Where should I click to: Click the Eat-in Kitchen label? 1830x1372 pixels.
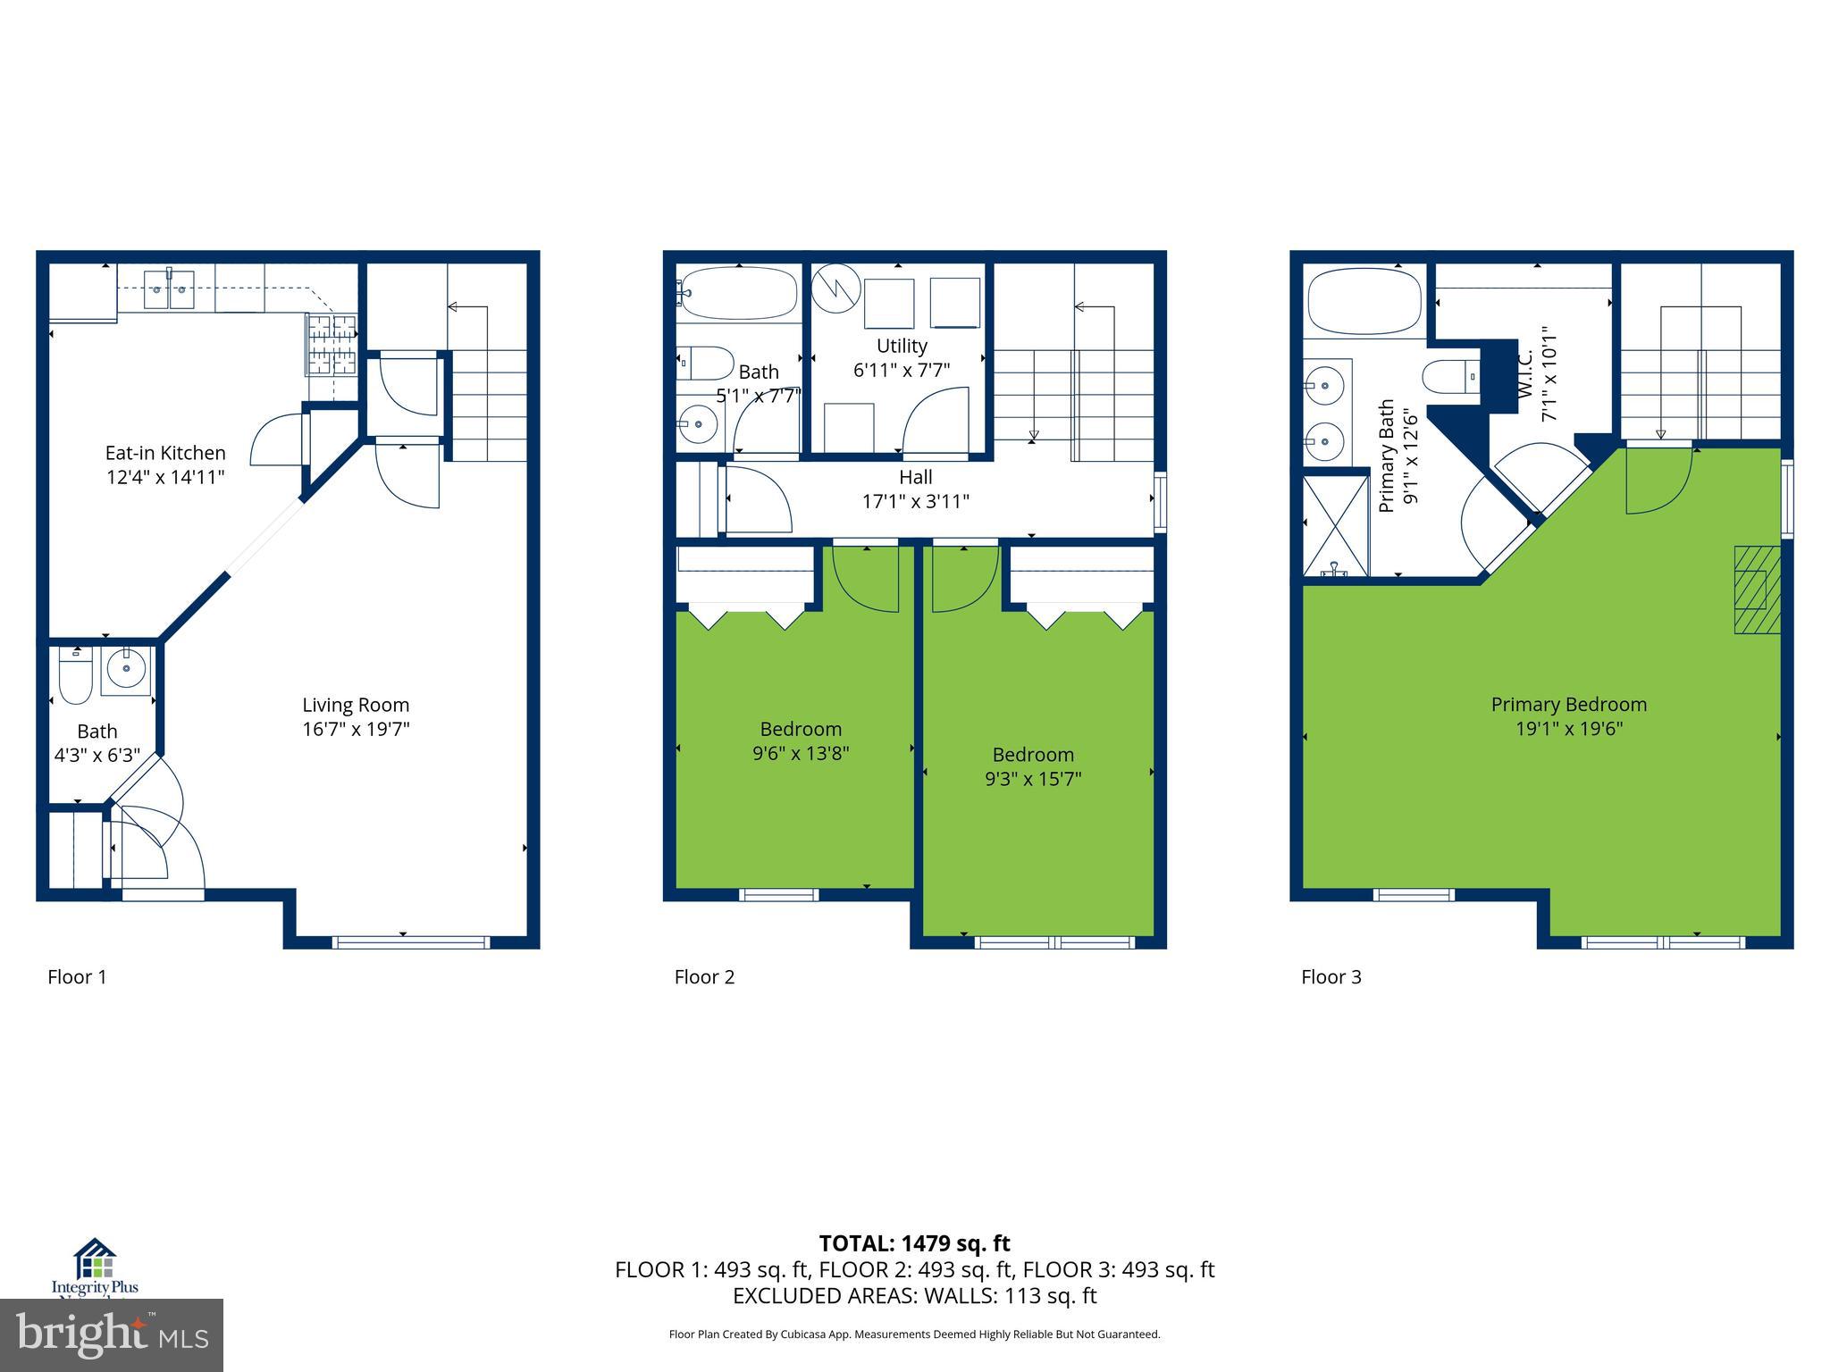pos(165,453)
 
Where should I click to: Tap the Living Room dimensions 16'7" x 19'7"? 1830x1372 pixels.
pos(356,729)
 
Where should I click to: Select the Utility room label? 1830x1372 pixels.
pos(902,346)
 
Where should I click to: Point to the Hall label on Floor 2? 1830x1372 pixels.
pos(916,477)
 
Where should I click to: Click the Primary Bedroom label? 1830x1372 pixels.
pos(1568,704)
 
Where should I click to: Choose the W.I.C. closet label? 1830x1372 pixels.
pos(1524,374)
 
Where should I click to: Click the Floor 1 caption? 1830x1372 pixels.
pos(77,977)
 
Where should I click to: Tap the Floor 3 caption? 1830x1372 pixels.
pos(1331,977)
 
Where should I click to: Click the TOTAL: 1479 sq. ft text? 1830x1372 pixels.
pos(914,1243)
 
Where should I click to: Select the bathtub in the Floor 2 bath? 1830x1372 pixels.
pos(737,293)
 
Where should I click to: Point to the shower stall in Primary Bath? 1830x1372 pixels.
pos(1336,527)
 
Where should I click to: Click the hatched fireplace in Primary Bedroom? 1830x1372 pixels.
pos(1757,590)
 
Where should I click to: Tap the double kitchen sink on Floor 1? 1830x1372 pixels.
pos(169,289)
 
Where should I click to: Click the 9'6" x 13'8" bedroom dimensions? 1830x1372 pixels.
pos(801,753)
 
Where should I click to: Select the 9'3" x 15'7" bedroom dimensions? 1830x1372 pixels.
pos(1033,779)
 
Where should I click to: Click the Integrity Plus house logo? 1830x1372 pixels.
pos(95,1259)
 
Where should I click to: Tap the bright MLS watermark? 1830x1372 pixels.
pos(112,1334)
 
